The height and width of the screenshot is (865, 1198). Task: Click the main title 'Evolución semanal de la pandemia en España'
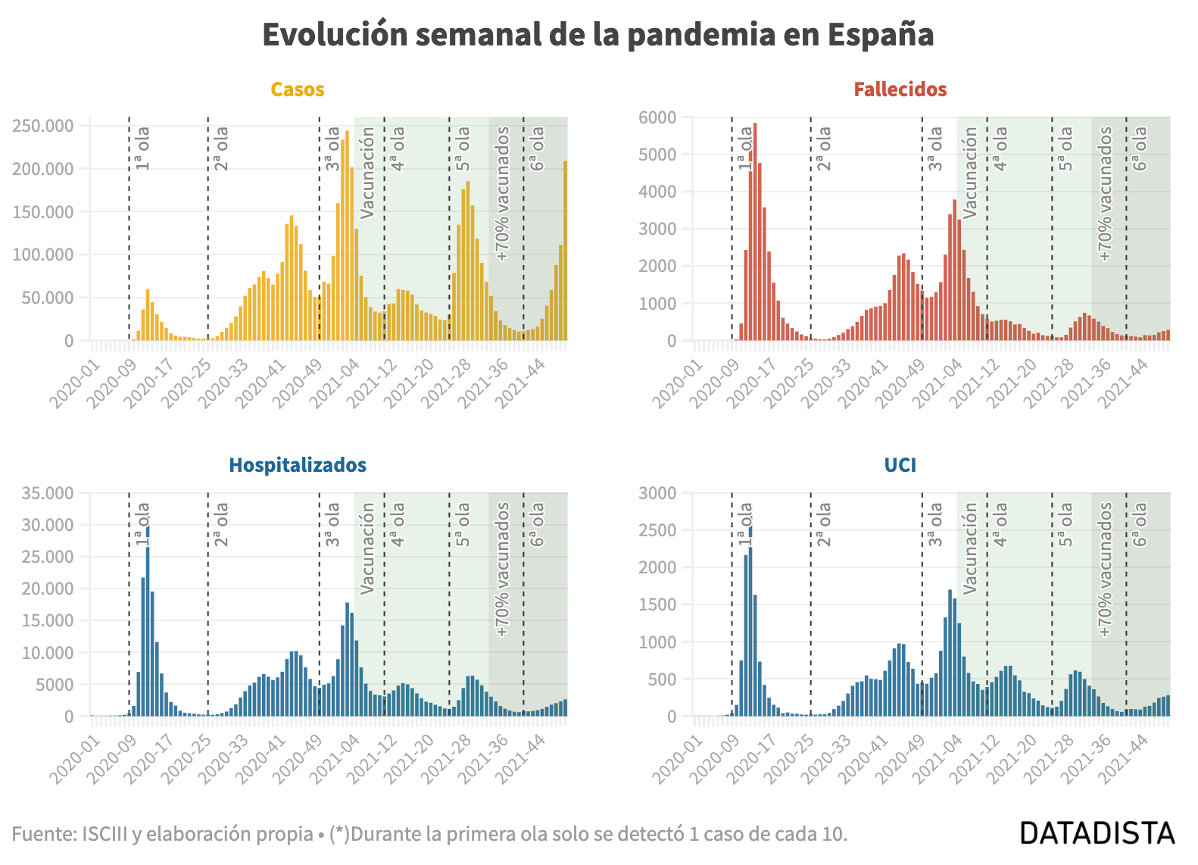597,35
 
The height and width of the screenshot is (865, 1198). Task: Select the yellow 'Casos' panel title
298,89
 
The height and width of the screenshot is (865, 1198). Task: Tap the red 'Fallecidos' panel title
900,89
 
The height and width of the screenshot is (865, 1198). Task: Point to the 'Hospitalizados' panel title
298,465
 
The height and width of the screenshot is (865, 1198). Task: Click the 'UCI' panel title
900,465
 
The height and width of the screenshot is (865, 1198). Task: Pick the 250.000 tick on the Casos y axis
43,126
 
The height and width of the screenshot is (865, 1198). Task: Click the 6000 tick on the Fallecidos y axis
657,117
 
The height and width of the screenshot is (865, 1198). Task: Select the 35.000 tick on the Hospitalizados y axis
48,493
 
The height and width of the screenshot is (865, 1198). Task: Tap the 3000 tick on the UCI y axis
657,493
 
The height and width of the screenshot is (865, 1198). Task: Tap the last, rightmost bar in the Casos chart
565,250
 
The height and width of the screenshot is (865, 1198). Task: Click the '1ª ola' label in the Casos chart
142,148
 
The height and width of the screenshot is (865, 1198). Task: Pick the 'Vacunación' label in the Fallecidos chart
970,173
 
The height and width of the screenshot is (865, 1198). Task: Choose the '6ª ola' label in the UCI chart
1140,524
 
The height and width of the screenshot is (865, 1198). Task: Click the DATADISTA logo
1097,833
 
